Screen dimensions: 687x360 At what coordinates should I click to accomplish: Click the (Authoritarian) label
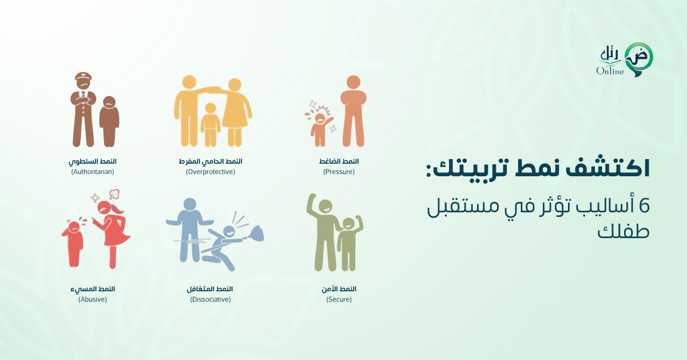(93, 172)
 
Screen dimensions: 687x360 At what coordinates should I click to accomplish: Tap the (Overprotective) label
(211, 172)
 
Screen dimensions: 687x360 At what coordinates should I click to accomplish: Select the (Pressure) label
(339, 172)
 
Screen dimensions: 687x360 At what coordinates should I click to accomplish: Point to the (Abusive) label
(93, 299)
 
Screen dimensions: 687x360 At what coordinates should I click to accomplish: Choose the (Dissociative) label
(211, 299)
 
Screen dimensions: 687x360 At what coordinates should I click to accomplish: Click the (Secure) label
(339, 299)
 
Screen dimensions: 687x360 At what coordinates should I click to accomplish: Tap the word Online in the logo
(610, 71)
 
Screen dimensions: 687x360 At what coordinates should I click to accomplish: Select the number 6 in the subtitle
(644, 206)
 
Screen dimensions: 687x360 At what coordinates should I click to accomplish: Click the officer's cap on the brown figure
(84, 76)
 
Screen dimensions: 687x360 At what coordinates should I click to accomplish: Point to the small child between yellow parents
(211, 125)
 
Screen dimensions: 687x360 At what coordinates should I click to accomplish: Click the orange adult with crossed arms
(354, 111)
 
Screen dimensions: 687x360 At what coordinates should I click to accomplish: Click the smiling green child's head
(348, 224)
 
